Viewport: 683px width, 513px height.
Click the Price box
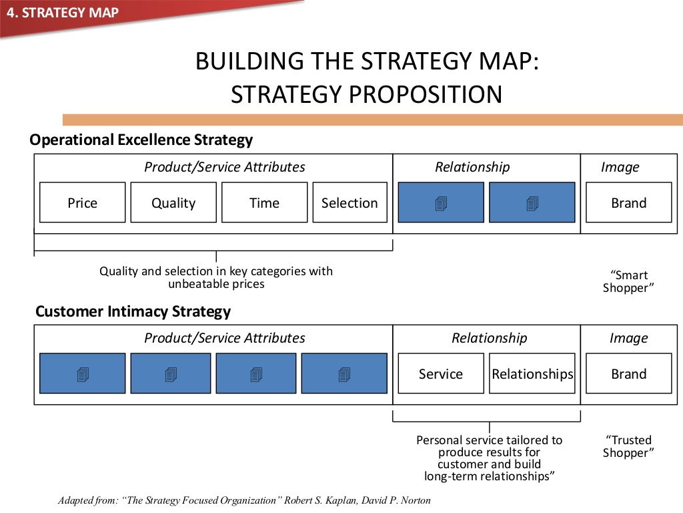coord(82,202)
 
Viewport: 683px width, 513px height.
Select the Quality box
coord(173,202)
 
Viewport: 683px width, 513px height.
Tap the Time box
coord(264,202)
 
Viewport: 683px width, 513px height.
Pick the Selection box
coord(350,202)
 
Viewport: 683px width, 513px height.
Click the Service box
coord(440,373)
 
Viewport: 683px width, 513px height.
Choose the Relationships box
coord(532,373)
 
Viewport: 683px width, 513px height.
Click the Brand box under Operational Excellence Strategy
coord(628,202)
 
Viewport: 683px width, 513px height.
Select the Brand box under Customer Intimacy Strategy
coord(628,373)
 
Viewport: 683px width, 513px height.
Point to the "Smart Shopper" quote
coord(628,281)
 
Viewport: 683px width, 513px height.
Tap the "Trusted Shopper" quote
coord(628,446)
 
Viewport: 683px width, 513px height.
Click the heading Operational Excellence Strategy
coord(141,140)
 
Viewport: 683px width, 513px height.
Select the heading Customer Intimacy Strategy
coord(133,311)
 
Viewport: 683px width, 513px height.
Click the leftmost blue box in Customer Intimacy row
coord(82,373)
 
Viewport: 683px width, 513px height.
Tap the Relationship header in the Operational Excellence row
coord(472,167)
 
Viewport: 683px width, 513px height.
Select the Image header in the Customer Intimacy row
coord(628,338)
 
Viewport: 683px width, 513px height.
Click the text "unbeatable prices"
coord(216,284)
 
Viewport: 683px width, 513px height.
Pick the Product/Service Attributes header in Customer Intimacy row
coord(225,338)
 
